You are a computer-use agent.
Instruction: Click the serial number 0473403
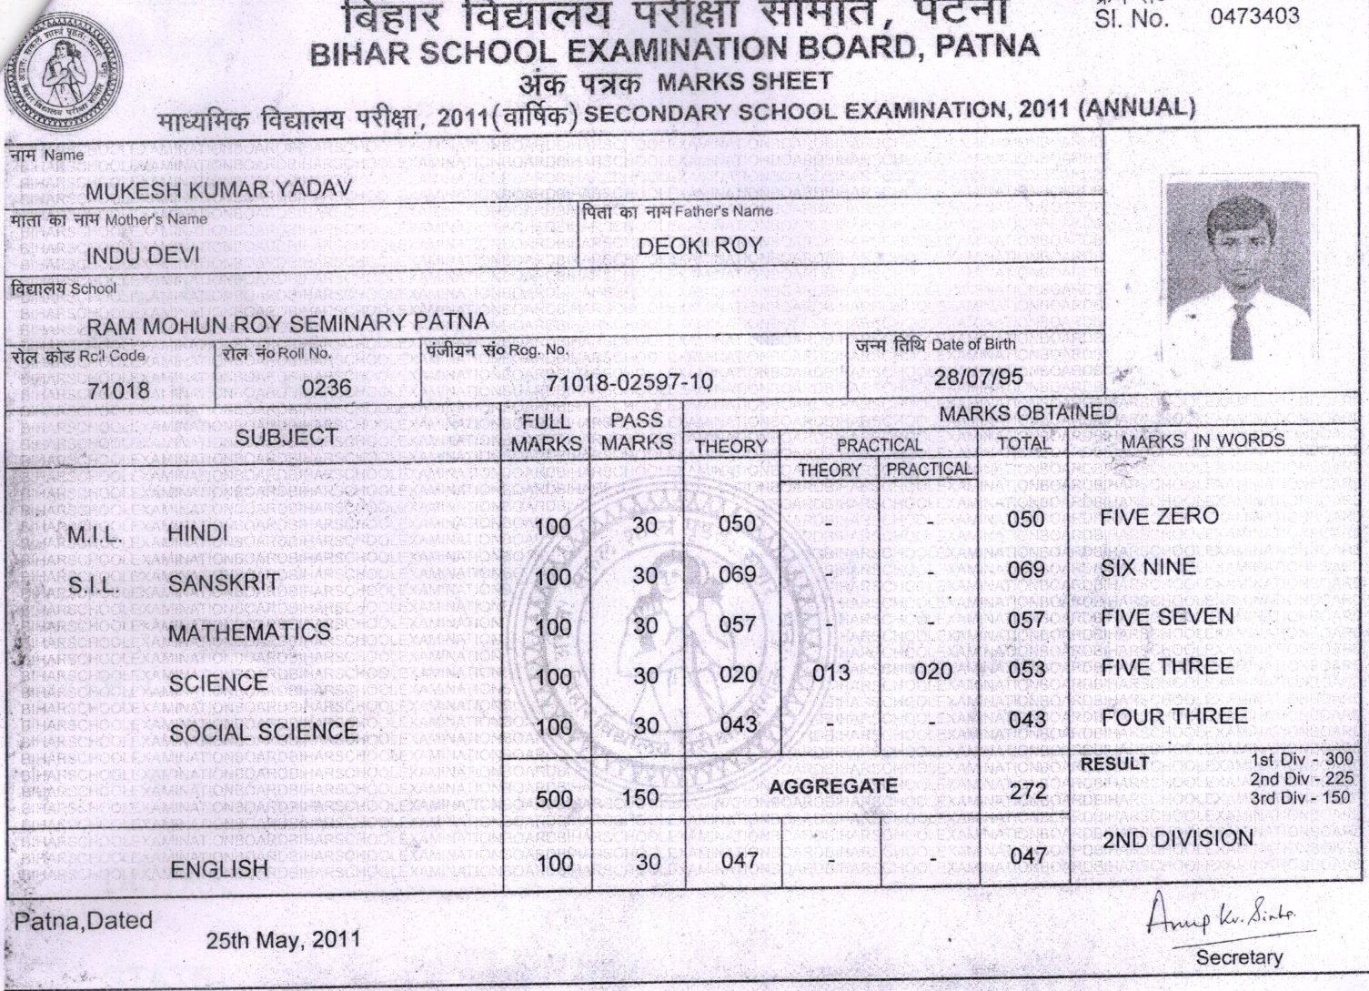pos(1254,15)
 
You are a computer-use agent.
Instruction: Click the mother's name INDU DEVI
pos(143,256)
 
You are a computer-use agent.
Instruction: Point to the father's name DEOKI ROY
pos(700,246)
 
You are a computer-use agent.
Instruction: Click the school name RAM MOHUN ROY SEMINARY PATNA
pos(287,322)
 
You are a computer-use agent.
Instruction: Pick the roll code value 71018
pos(119,391)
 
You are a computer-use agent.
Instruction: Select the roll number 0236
pos(327,388)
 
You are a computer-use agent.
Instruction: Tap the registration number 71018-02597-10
pos(629,382)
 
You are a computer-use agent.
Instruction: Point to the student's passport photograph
pos(1241,268)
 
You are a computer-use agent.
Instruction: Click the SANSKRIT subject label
pos(223,583)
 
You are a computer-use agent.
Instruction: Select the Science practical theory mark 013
pos(830,673)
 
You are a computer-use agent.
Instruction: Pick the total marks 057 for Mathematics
pos(1026,622)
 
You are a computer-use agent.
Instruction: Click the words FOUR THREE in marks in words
pos(1174,716)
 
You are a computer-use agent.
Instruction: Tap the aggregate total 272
pos(1028,790)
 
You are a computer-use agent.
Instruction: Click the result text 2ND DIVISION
pos(1178,839)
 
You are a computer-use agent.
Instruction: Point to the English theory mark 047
pos(738,860)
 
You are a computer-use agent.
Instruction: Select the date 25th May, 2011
pos(283,940)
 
